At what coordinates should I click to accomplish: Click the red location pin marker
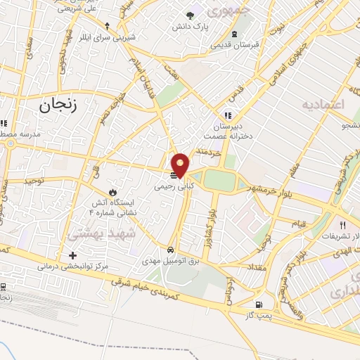pos(181,165)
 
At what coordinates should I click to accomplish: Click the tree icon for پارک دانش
pos(190,15)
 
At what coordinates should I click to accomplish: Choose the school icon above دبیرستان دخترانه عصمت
pos(227,115)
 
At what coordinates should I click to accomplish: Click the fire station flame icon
pos(112,191)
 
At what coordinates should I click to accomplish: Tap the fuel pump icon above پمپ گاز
pos(259,304)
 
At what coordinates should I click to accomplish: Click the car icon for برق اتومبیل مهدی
pos(171,250)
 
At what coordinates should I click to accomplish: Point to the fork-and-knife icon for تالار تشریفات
pos(342,226)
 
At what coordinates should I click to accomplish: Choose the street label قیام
pos(298,224)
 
